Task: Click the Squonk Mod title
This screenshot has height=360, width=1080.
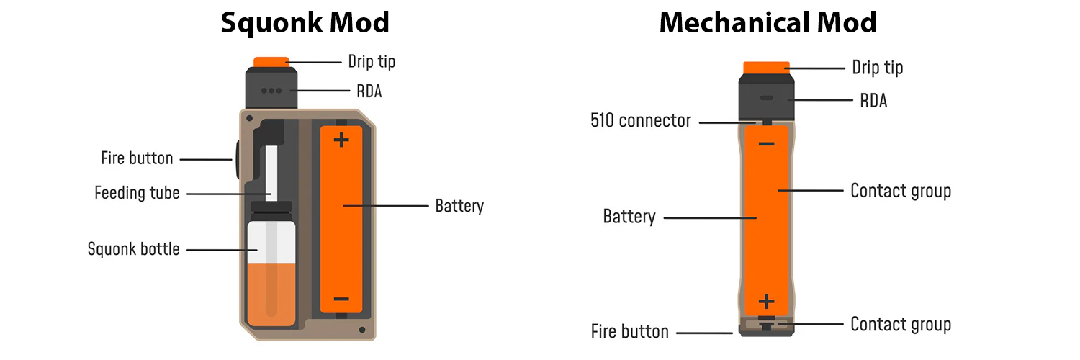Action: point(305,22)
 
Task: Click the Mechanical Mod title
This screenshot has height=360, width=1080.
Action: point(768,22)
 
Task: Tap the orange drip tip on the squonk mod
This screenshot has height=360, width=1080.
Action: point(271,62)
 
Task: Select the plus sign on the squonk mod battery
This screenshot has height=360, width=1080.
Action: point(341,140)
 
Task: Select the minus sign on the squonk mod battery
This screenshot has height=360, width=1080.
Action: point(341,299)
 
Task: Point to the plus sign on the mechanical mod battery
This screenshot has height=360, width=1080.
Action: point(767,300)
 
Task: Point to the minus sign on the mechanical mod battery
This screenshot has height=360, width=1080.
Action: point(767,144)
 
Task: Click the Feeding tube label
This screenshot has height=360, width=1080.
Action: point(137,193)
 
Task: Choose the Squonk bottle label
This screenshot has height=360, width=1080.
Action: point(133,249)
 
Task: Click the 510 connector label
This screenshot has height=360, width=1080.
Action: point(640,121)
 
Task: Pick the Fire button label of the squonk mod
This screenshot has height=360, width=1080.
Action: point(137,158)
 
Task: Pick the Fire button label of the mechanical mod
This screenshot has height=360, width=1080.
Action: point(629,332)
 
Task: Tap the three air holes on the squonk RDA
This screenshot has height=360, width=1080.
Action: point(272,91)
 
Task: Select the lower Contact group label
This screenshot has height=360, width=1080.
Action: point(900,324)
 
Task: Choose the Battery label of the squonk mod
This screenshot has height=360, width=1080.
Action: point(459,205)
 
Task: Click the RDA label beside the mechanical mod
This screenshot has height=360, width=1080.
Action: point(873,101)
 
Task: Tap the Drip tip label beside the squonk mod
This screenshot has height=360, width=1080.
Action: point(372,62)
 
